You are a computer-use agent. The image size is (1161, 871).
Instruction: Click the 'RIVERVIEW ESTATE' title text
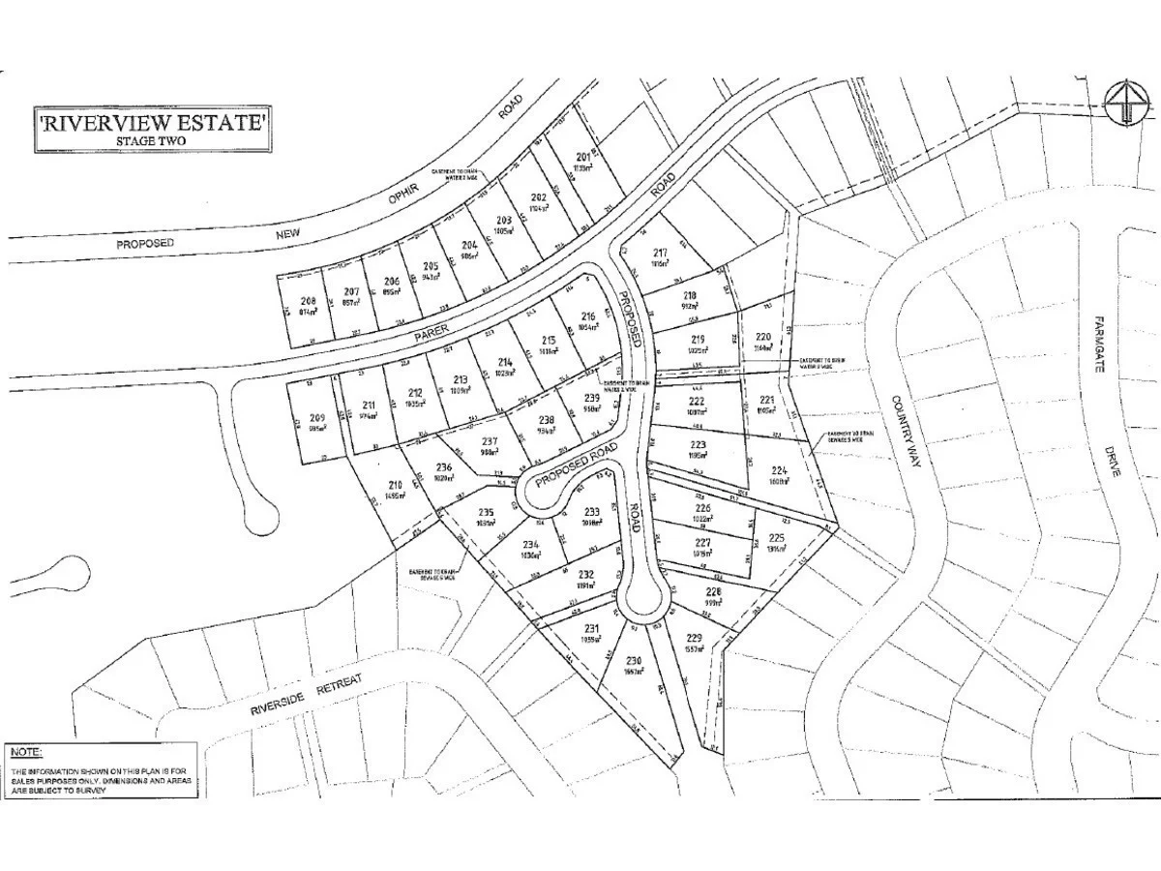coord(151,123)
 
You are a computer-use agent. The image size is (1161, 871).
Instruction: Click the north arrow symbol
coord(1125,102)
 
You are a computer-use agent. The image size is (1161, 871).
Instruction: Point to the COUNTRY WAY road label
coord(905,432)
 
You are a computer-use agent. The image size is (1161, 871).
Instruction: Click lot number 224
coord(780,469)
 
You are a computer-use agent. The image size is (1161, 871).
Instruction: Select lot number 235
coord(487,513)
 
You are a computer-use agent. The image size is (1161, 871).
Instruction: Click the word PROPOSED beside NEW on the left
coord(145,243)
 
